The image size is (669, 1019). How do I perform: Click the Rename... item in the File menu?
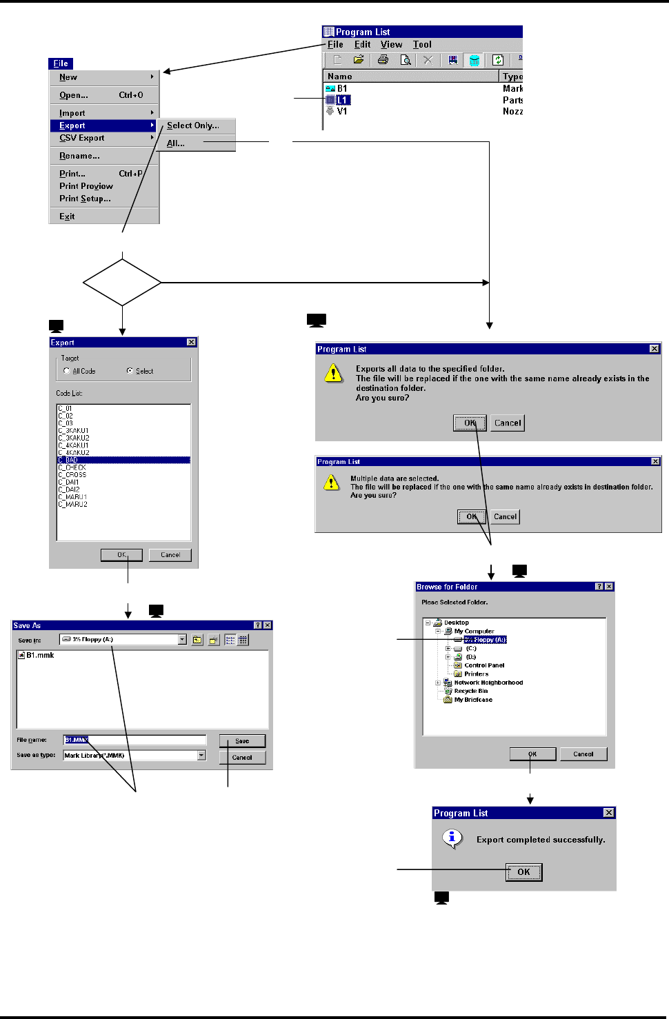[79, 156]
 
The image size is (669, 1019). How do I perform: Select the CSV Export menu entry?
[82, 138]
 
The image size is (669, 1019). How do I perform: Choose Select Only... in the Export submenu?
[192, 125]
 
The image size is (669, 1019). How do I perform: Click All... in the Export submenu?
[175, 143]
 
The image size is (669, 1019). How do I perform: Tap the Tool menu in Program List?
[422, 44]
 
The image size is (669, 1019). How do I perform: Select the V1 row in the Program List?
[342, 111]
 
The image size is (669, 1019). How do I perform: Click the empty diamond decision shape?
[122, 282]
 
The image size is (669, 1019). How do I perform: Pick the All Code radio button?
[67, 371]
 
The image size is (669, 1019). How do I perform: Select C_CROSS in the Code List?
[72, 474]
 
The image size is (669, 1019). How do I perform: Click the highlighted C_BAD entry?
[68, 460]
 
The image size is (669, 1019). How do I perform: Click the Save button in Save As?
[242, 741]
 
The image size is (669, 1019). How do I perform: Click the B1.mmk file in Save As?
[40, 656]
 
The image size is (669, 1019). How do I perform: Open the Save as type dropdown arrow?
[201, 756]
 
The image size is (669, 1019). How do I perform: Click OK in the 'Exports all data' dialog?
[470, 423]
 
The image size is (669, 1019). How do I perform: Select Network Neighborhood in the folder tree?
[488, 683]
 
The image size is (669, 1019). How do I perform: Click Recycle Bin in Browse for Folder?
[470, 691]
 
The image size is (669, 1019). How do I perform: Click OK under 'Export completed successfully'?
[523, 872]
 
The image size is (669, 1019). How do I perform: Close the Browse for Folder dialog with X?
[609, 587]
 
